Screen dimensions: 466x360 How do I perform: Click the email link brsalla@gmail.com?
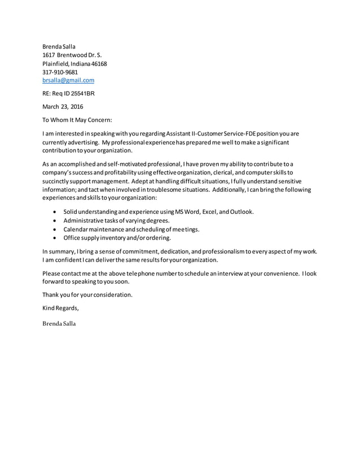pyautogui.click(x=68, y=81)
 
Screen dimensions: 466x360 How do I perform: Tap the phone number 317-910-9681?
pyautogui.click(x=60, y=72)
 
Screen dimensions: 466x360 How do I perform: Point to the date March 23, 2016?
pyautogui.click(x=63, y=106)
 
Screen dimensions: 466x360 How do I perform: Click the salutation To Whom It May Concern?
pyautogui.click(x=77, y=119)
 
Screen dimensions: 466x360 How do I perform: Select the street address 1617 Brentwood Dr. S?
pyautogui.click(x=72, y=55)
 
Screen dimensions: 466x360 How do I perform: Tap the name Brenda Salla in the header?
pyautogui.click(x=59, y=46)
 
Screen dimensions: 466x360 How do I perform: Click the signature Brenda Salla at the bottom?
pyautogui.click(x=59, y=324)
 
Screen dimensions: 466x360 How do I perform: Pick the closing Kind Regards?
pyautogui.click(x=60, y=307)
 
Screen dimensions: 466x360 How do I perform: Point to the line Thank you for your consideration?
pyautogui.click(x=87, y=294)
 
